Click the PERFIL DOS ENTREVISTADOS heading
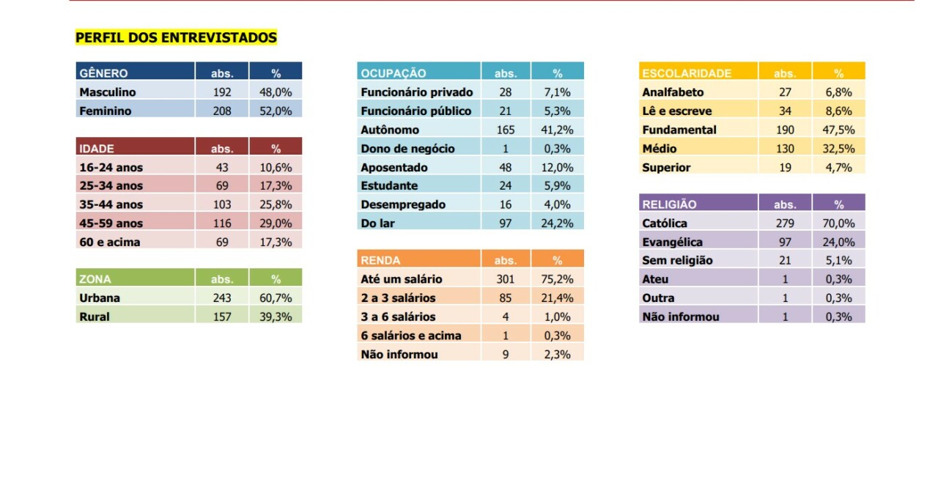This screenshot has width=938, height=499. [176, 37]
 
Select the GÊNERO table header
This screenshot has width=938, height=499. [103, 73]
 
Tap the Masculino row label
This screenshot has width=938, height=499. [108, 92]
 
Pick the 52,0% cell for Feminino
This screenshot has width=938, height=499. [276, 111]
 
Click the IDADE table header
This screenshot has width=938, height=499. [96, 149]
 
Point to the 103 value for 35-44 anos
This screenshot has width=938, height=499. [222, 204]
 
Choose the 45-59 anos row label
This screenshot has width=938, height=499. [111, 223]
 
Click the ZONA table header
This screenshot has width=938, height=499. [95, 279]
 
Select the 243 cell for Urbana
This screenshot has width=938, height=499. [222, 297]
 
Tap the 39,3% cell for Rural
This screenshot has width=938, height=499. [276, 317]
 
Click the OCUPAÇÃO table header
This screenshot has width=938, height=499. [394, 73]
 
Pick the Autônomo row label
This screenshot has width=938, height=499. [390, 130]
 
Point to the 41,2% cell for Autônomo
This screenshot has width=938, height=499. [557, 130]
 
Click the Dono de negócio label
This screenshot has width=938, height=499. [407, 149]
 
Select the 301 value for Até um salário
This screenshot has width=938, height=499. [506, 278]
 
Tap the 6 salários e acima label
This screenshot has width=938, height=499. [411, 336]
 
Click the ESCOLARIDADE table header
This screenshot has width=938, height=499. [687, 73]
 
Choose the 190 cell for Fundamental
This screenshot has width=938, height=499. [785, 130]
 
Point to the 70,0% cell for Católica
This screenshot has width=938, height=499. [838, 223]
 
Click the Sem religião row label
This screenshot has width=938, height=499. [677, 260]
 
